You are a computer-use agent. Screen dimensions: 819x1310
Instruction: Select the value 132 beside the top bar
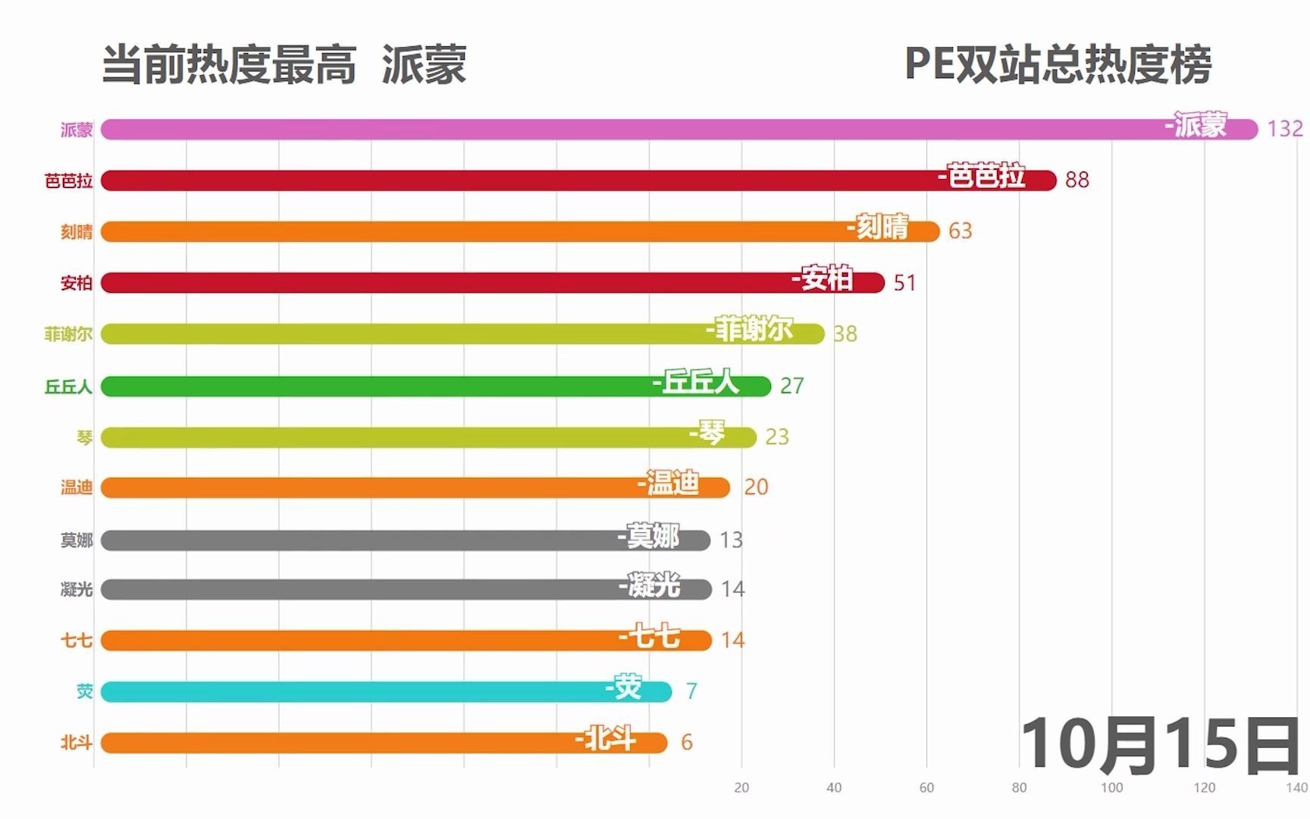tap(1284, 129)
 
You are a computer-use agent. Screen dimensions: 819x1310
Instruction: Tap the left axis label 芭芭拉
tap(68, 180)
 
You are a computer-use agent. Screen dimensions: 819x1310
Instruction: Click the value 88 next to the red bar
tap(1077, 180)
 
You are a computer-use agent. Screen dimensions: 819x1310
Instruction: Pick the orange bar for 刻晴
tap(455, 232)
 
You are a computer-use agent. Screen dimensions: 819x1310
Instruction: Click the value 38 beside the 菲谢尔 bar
tap(845, 334)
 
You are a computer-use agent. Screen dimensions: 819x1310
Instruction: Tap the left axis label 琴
tap(84, 438)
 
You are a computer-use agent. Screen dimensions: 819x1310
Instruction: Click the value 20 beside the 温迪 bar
tap(756, 487)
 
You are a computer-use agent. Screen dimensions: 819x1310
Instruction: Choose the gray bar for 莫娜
tap(341, 541)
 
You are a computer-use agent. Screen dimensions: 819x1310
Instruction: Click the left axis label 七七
tap(77, 641)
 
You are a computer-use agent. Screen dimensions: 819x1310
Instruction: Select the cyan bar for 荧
tap(341, 692)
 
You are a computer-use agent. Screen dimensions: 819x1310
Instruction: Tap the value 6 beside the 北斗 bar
tap(687, 742)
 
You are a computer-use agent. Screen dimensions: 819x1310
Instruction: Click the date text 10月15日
tap(1160, 745)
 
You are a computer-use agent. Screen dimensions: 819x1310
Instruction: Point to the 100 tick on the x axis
tap(1111, 787)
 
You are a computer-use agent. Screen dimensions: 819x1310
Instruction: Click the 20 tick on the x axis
tap(741, 787)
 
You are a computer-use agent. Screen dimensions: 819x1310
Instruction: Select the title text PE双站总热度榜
tap(1058, 64)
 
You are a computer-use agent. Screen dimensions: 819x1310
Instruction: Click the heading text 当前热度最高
tap(229, 64)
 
